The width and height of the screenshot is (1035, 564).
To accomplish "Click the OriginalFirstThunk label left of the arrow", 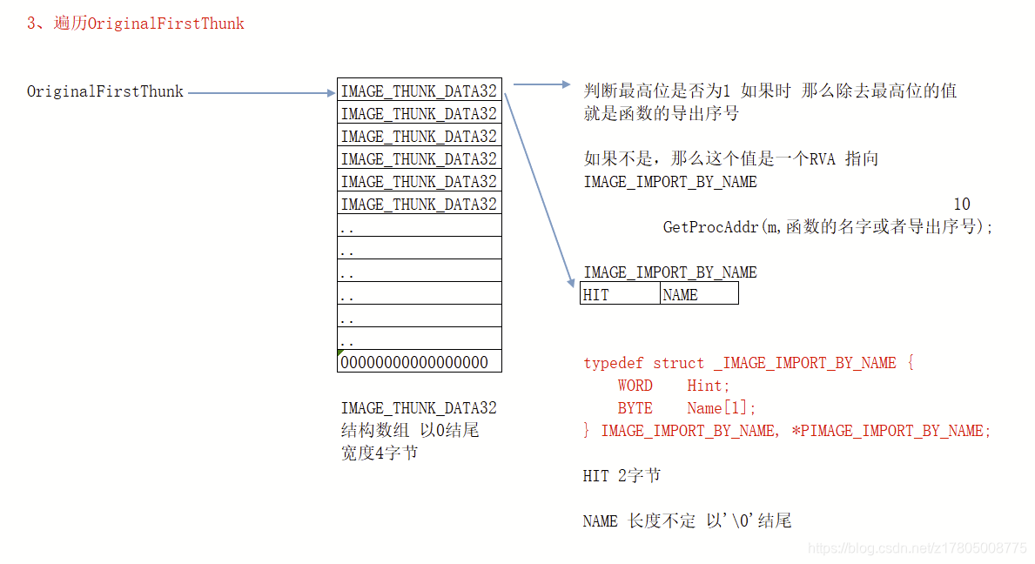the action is (x=105, y=91).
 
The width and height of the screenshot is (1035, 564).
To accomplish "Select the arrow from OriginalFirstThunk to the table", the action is (x=261, y=92).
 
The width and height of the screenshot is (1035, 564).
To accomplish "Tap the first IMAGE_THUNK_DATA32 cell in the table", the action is (x=419, y=91).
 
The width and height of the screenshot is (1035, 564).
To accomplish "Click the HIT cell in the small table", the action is (x=620, y=294).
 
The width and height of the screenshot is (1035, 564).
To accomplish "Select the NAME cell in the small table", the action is (x=698, y=294).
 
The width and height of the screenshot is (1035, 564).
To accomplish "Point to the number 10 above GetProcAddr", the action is (x=961, y=205).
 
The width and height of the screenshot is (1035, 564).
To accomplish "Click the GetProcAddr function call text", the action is (x=828, y=227).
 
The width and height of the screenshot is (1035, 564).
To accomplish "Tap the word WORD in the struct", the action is (x=635, y=386).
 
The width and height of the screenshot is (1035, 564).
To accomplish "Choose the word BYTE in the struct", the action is (x=635, y=408).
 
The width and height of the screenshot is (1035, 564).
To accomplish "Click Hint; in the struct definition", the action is (x=709, y=386).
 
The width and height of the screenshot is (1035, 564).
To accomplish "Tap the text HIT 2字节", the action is (x=622, y=476).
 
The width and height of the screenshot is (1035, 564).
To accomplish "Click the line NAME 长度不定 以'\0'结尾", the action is (x=687, y=521).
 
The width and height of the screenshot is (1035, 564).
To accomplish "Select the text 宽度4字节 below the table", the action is (x=380, y=453).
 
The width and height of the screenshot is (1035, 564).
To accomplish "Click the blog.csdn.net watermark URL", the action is (x=917, y=547).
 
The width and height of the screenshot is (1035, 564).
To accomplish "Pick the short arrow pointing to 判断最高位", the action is (x=541, y=84).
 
